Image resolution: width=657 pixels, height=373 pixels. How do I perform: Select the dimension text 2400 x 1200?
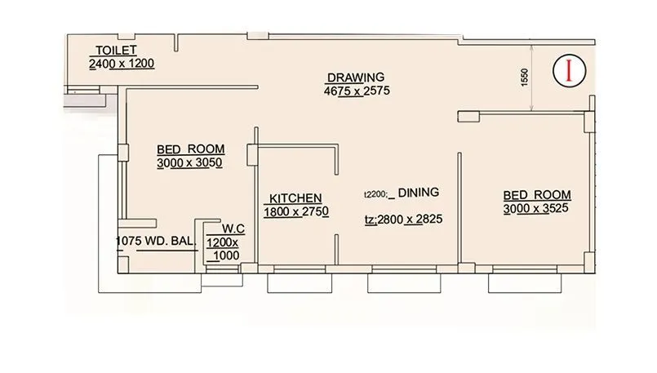(x=122, y=64)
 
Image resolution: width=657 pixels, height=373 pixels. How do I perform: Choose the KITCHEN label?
(x=295, y=198)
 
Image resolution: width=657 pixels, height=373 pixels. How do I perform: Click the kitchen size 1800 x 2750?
(x=295, y=211)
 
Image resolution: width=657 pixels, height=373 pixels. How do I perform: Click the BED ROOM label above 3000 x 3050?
(x=190, y=149)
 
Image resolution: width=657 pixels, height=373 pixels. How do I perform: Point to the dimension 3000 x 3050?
(x=190, y=162)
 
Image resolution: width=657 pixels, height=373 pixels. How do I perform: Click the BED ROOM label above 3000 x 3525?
(x=536, y=195)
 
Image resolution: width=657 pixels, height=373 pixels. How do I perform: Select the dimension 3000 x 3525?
(x=536, y=208)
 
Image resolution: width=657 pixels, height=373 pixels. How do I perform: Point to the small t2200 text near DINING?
(x=375, y=194)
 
